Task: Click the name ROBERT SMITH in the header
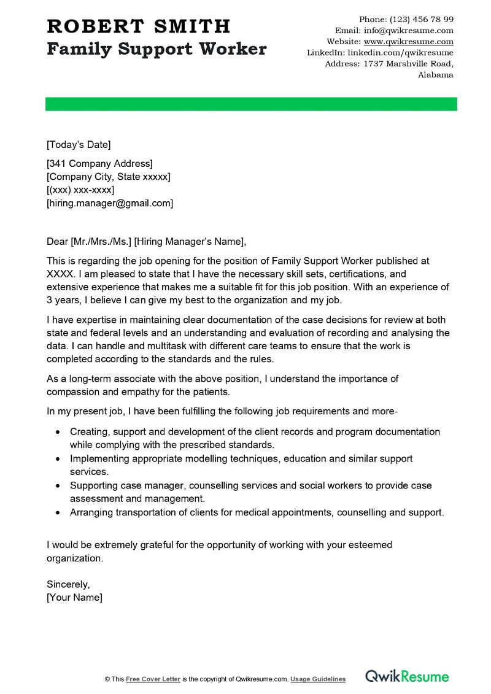(139, 26)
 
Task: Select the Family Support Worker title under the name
(157, 49)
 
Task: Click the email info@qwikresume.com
(408, 31)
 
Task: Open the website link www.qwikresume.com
(408, 42)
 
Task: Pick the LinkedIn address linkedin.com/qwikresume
(396, 53)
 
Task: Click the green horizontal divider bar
(251, 104)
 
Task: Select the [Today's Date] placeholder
(79, 145)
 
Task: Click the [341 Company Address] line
(99, 163)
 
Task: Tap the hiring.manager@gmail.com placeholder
(110, 203)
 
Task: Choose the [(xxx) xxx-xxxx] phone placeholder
(80, 190)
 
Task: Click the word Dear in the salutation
(58, 241)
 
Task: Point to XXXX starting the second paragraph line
(59, 274)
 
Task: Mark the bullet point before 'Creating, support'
(58, 432)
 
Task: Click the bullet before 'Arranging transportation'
(58, 512)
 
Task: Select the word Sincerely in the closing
(68, 584)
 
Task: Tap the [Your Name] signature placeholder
(74, 597)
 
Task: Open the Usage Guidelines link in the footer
(318, 679)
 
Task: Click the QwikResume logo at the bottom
(407, 677)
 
